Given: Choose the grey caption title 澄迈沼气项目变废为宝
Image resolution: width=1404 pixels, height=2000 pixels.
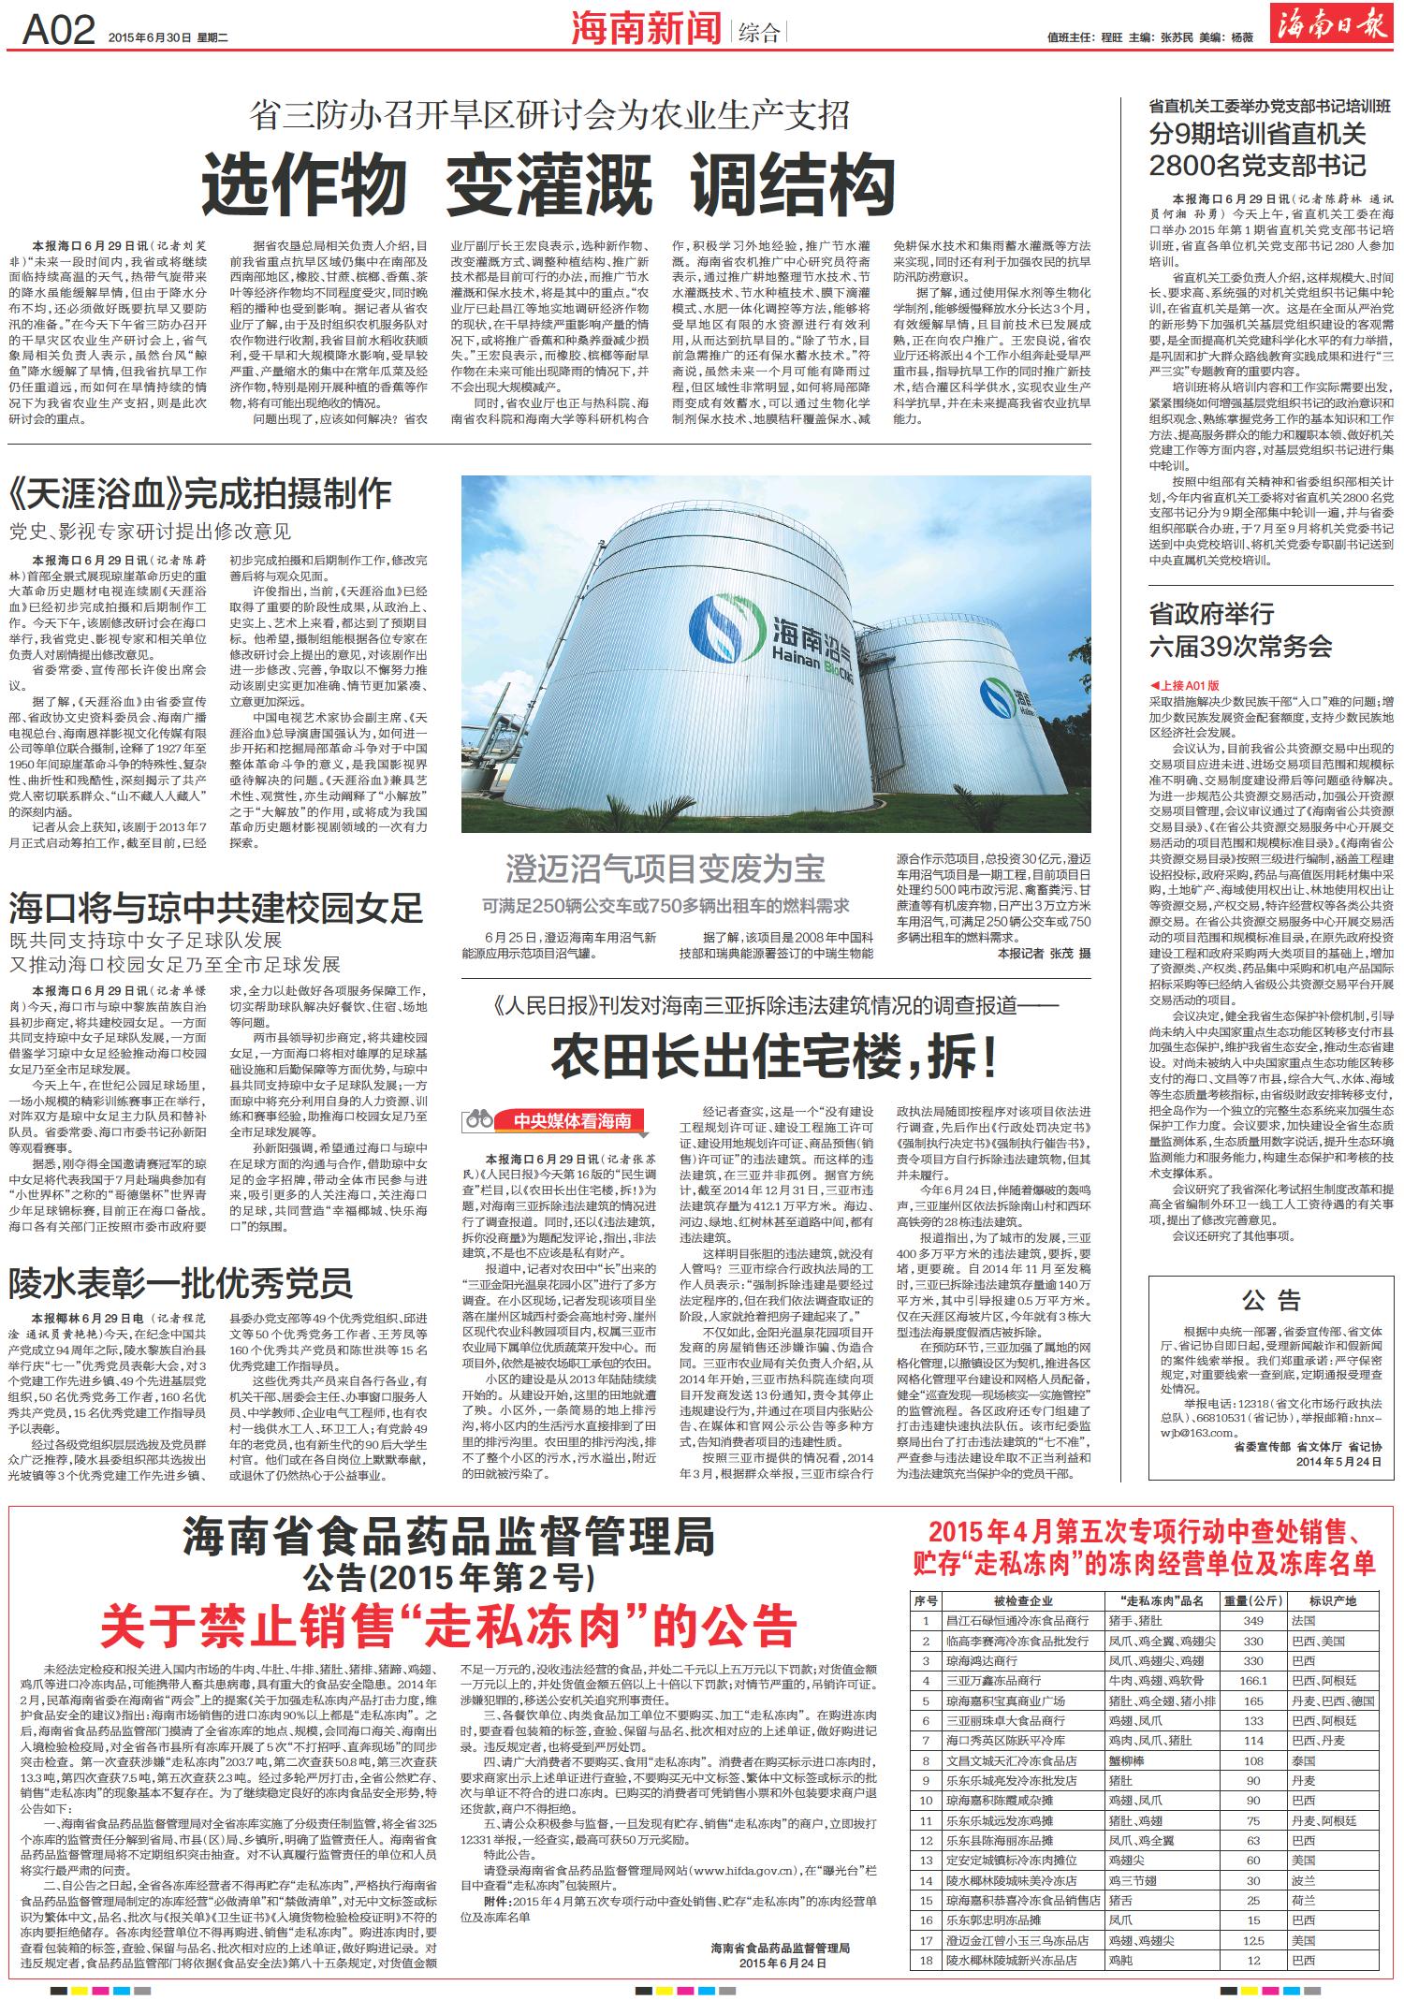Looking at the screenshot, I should coord(665,869).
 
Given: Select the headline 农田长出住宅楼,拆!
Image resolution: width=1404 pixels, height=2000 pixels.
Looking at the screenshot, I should coord(774,1055).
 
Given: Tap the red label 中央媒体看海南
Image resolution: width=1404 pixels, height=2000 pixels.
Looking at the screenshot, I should coord(574,1121).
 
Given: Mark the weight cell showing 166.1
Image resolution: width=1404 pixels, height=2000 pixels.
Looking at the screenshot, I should coord(1252,1654).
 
